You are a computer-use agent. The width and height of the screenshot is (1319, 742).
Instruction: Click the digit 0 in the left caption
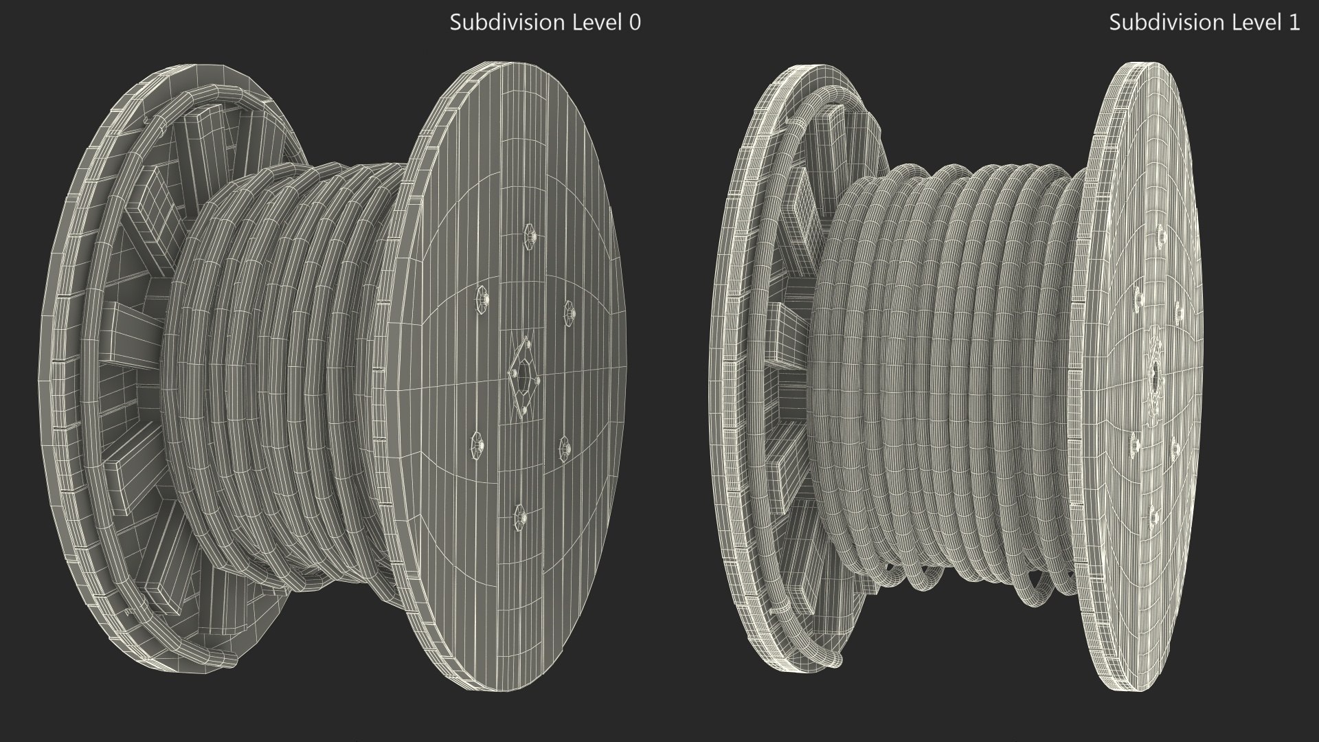[x=635, y=23]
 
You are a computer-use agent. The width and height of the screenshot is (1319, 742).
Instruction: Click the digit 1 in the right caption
[x=1294, y=23]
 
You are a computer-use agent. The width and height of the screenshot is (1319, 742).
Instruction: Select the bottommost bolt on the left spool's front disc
[x=520, y=514]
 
